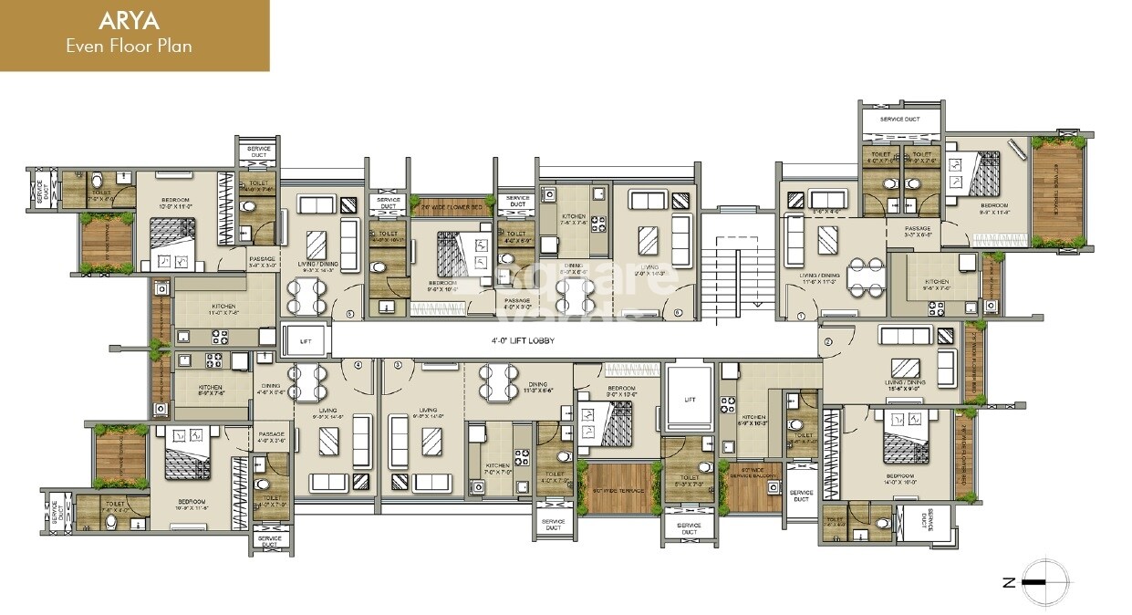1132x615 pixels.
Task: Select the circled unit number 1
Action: pyautogui.click(x=802, y=316)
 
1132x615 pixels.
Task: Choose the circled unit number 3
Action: pyautogui.click(x=398, y=365)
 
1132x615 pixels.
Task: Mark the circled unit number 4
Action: pyautogui.click(x=358, y=365)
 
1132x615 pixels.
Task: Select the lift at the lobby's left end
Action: pyautogui.click(x=306, y=340)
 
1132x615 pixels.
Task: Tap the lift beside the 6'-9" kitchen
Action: pyautogui.click(x=690, y=400)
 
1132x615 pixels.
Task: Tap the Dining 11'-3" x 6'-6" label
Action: pyautogui.click(x=537, y=387)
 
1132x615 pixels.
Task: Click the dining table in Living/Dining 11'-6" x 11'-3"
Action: pyautogui.click(x=861, y=276)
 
